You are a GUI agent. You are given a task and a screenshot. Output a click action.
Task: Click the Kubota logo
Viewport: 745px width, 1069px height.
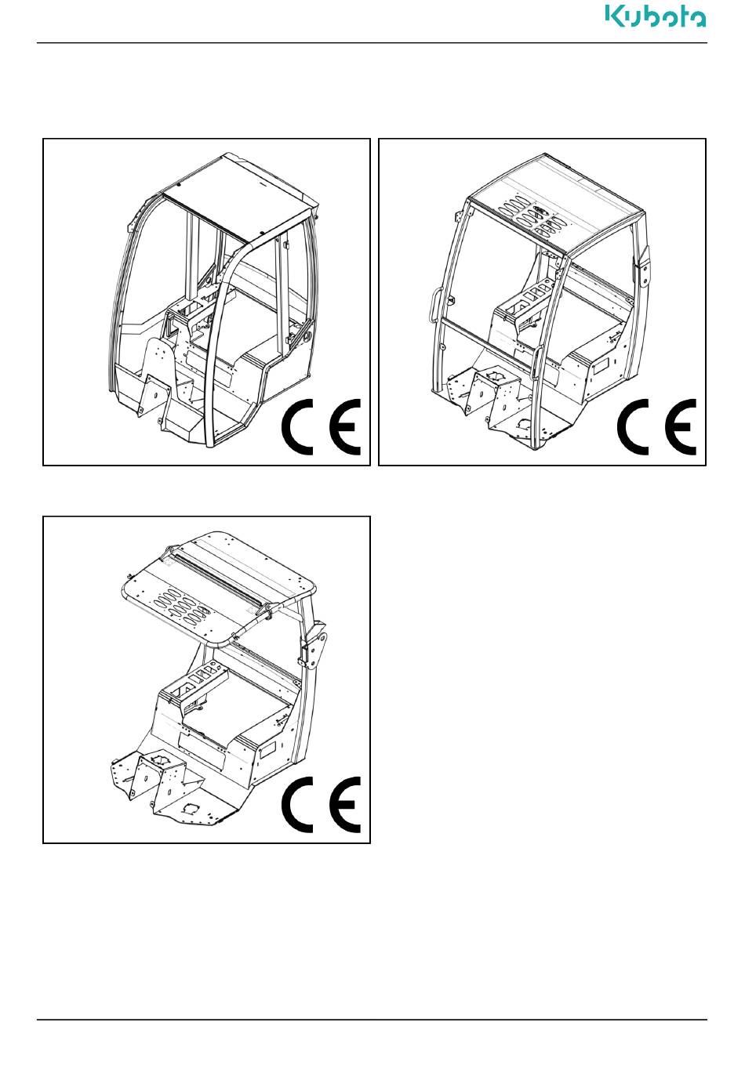(656, 16)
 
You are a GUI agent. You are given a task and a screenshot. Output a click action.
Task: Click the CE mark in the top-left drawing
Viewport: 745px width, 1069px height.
(321, 426)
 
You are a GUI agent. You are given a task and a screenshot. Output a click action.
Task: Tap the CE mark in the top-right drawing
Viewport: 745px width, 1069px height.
(656, 426)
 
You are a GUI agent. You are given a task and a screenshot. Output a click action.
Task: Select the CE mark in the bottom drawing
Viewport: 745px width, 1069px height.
(321, 804)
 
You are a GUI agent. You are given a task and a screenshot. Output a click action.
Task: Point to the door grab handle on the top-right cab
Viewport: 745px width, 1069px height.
(434, 308)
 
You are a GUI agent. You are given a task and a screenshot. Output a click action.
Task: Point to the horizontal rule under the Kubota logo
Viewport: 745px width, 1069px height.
(372, 43)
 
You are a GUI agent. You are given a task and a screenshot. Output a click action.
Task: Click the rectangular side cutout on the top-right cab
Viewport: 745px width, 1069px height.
(600, 367)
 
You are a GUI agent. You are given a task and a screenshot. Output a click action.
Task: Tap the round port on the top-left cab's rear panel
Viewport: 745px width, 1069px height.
(306, 336)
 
